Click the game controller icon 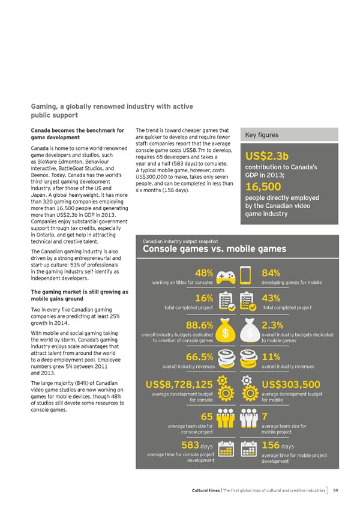224,274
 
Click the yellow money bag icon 225,333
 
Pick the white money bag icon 247,333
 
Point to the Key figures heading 260,135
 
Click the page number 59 335,490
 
